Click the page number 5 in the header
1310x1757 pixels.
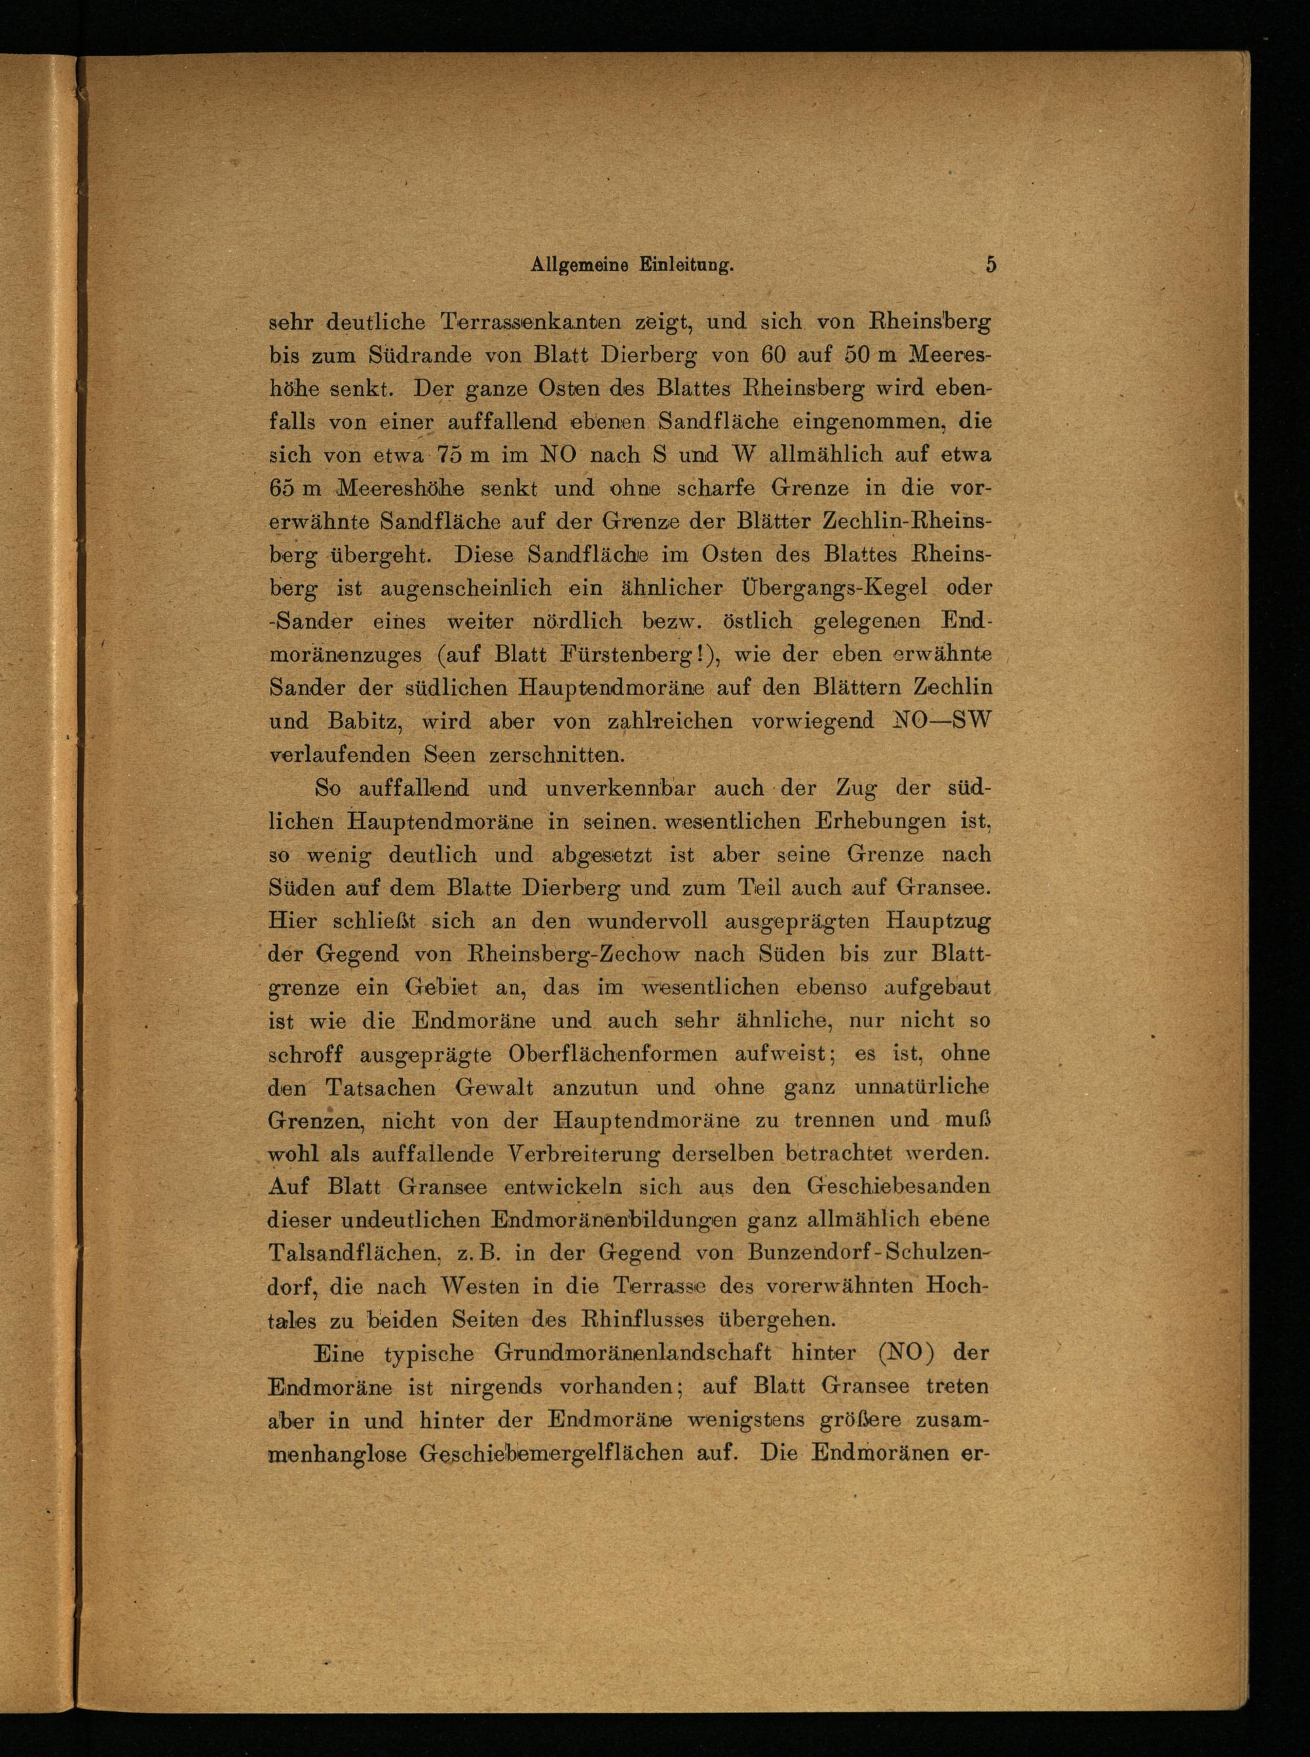click(990, 264)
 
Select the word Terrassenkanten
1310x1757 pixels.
click(531, 324)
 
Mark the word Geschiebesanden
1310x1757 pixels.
click(899, 1187)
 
